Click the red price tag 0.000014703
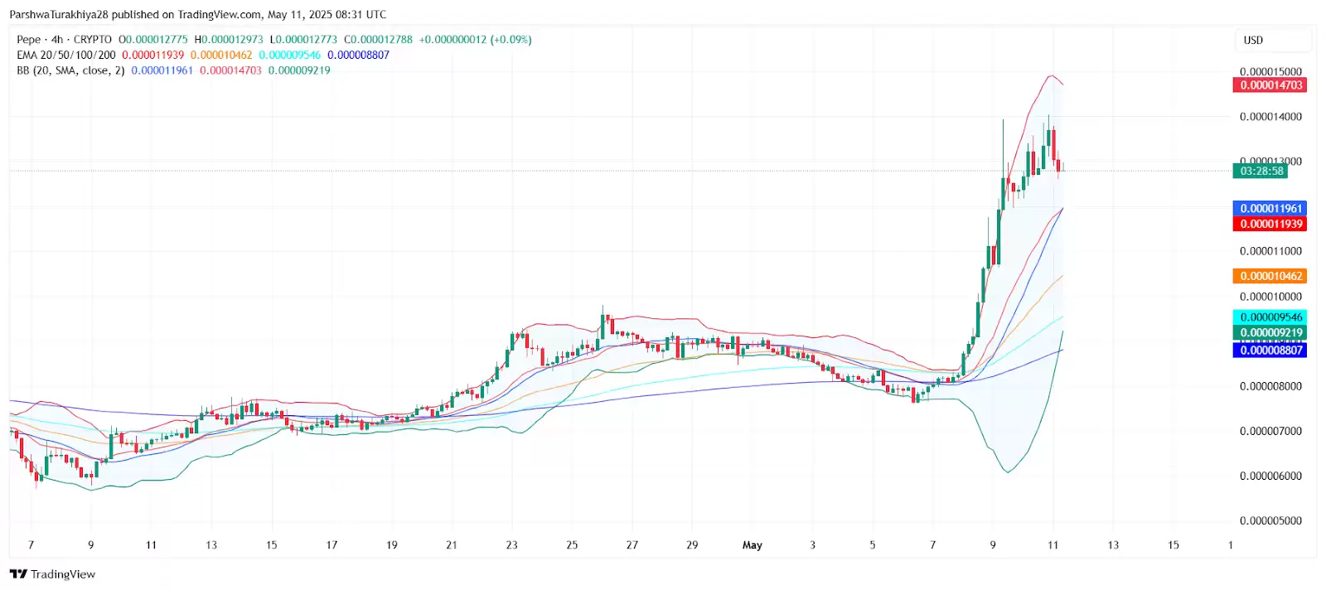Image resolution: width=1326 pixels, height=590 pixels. [x=1270, y=85]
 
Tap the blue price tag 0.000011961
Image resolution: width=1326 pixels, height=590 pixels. [x=1270, y=208]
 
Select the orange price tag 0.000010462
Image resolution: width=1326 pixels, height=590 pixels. [x=1270, y=276]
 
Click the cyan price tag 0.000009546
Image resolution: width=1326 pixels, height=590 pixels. [x=1270, y=317]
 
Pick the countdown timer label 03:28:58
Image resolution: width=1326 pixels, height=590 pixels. [x=1261, y=171]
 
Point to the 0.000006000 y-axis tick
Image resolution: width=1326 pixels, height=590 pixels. [x=1270, y=476]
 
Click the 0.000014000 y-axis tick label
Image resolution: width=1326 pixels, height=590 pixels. [x=1270, y=117]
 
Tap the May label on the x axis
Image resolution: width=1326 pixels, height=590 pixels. [x=752, y=545]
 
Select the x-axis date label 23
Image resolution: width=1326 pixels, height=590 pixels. [x=511, y=545]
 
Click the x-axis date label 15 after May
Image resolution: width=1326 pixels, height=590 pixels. [x=1173, y=545]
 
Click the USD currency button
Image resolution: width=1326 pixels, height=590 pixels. [x=1253, y=41]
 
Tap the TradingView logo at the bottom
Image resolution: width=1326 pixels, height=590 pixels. [x=52, y=574]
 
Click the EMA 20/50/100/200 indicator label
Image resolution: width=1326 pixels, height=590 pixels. [x=66, y=56]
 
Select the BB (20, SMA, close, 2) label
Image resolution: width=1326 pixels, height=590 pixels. [x=70, y=70]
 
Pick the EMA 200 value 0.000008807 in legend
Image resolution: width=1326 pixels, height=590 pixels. [x=358, y=56]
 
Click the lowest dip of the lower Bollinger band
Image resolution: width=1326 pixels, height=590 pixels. [x=1008, y=472]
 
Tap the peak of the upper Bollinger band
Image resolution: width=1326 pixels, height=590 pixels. [x=1051, y=75]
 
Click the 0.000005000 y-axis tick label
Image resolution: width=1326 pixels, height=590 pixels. [x=1270, y=521]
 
